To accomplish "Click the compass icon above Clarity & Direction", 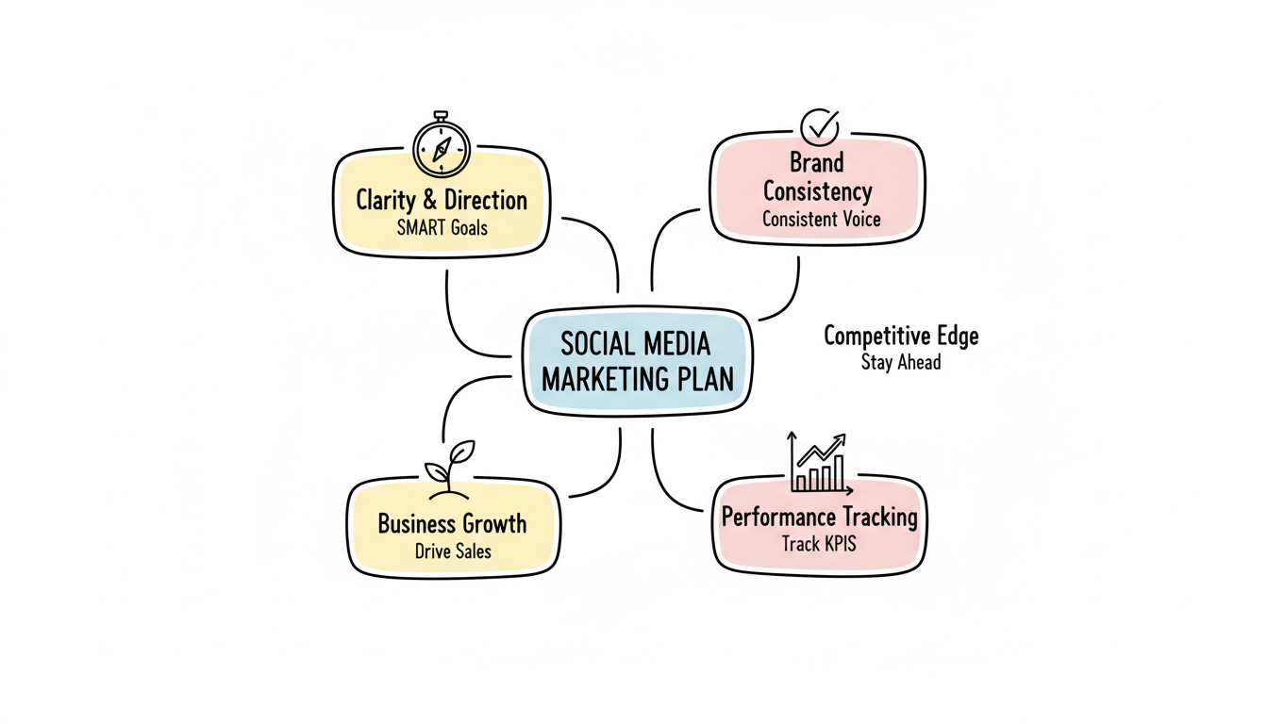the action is click(441, 148).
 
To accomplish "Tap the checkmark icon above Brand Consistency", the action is click(819, 126).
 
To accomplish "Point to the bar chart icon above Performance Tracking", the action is click(820, 465).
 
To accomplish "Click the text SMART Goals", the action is click(442, 227).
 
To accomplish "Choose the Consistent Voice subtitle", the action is click(821, 220).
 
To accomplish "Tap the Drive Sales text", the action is click(453, 551).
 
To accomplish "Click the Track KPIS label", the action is click(819, 544).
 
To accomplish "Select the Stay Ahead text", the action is click(901, 362).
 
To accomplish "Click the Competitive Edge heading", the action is click(901, 336).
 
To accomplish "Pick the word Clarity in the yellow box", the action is click(385, 200).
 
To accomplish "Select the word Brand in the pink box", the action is click(817, 162).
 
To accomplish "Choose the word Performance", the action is click(779, 517).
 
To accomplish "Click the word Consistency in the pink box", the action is click(817, 191).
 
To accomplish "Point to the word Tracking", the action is click(880, 517).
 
